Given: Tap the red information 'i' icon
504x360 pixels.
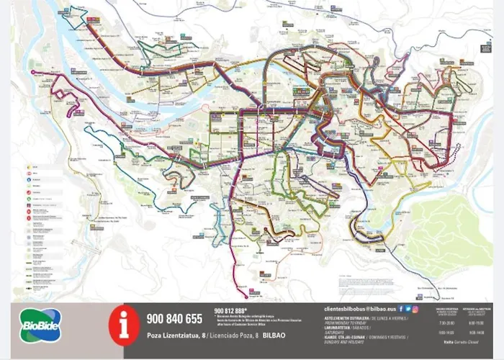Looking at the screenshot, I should pos(123,325).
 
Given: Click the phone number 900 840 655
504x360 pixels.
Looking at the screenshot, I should pos(174,319).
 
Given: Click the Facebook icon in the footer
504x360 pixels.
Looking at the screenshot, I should pos(401,307).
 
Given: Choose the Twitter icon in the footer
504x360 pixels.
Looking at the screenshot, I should pos(408,307).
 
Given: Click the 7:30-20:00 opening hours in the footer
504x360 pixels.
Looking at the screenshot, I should pos(446,323).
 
